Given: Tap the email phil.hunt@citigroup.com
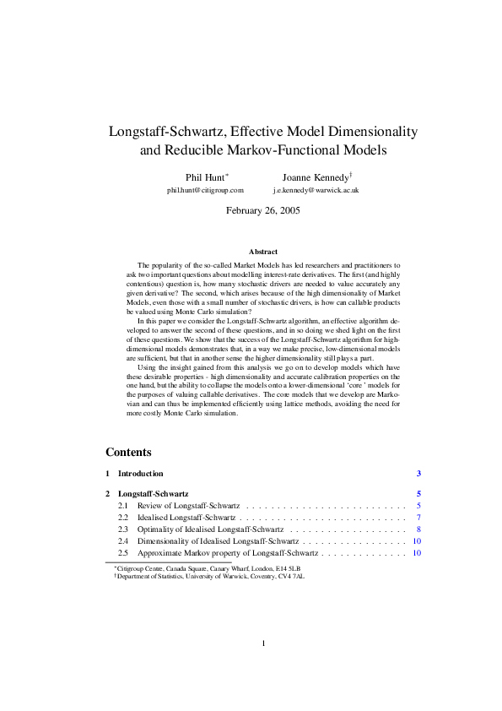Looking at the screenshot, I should (x=199, y=191).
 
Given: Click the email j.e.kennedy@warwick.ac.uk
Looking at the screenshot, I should (x=316, y=191).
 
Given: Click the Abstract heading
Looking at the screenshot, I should (x=263, y=252).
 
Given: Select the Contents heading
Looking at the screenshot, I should (x=129, y=452).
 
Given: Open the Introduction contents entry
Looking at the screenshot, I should (x=141, y=474).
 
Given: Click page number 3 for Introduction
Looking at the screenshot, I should (x=418, y=474).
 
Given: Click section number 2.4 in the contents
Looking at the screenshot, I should (x=123, y=540).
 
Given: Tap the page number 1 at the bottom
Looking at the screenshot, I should (x=263, y=643).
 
